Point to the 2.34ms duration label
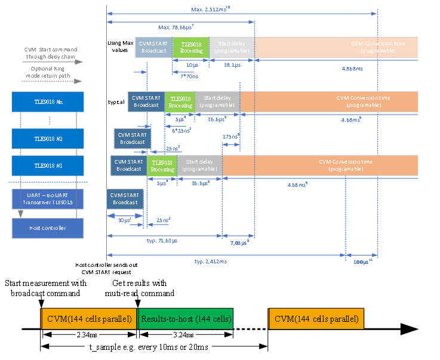(x=88, y=336)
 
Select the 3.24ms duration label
(x=186, y=336)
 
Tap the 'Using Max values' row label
(x=119, y=47)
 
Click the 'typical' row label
(x=116, y=102)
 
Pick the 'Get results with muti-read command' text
(x=144, y=288)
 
